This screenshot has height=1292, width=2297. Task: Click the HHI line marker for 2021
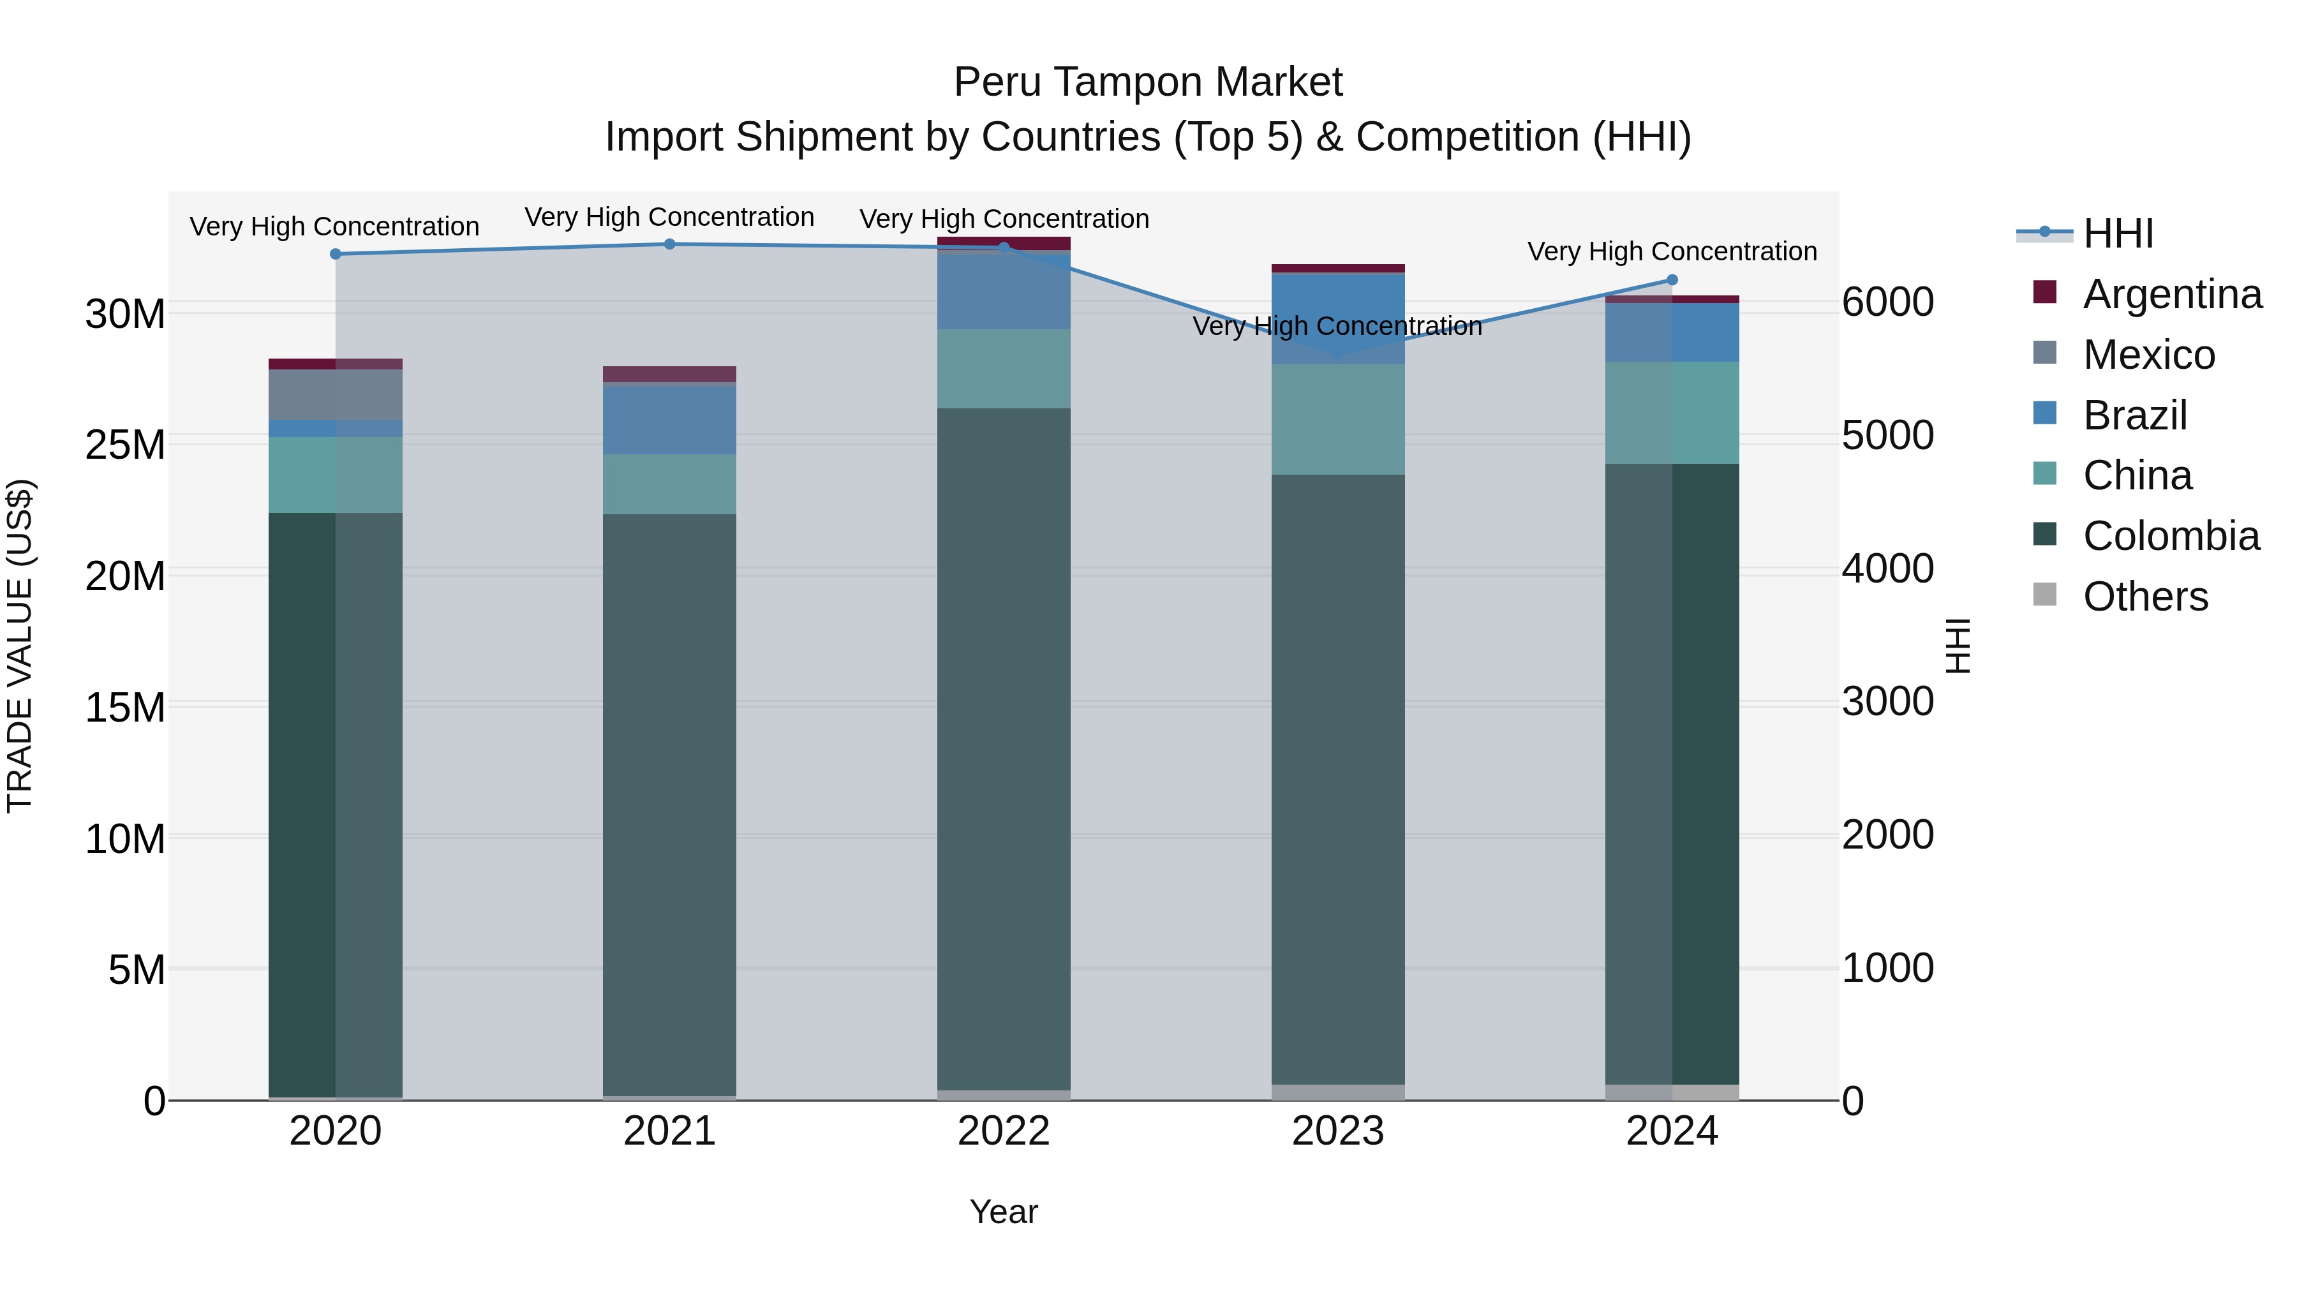[670, 244]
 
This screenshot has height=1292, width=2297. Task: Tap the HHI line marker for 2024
[1672, 280]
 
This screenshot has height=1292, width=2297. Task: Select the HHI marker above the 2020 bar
[335, 254]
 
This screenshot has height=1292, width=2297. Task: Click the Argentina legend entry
[2171, 294]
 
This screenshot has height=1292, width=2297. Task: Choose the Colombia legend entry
[2171, 536]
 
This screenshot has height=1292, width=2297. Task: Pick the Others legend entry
[2145, 597]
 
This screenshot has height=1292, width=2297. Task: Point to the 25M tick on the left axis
[125, 444]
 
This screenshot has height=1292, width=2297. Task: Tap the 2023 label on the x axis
[1337, 1131]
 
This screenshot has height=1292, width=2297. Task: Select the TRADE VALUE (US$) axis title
[20, 646]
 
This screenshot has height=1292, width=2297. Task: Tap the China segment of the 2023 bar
[1337, 419]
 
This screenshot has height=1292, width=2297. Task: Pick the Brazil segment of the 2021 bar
[670, 420]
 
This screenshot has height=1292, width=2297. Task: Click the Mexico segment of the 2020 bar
[335, 394]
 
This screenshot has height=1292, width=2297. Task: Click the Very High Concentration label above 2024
[1672, 251]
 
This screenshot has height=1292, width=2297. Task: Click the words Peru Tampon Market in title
[1148, 82]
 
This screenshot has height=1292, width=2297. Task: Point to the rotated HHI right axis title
[1958, 646]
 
